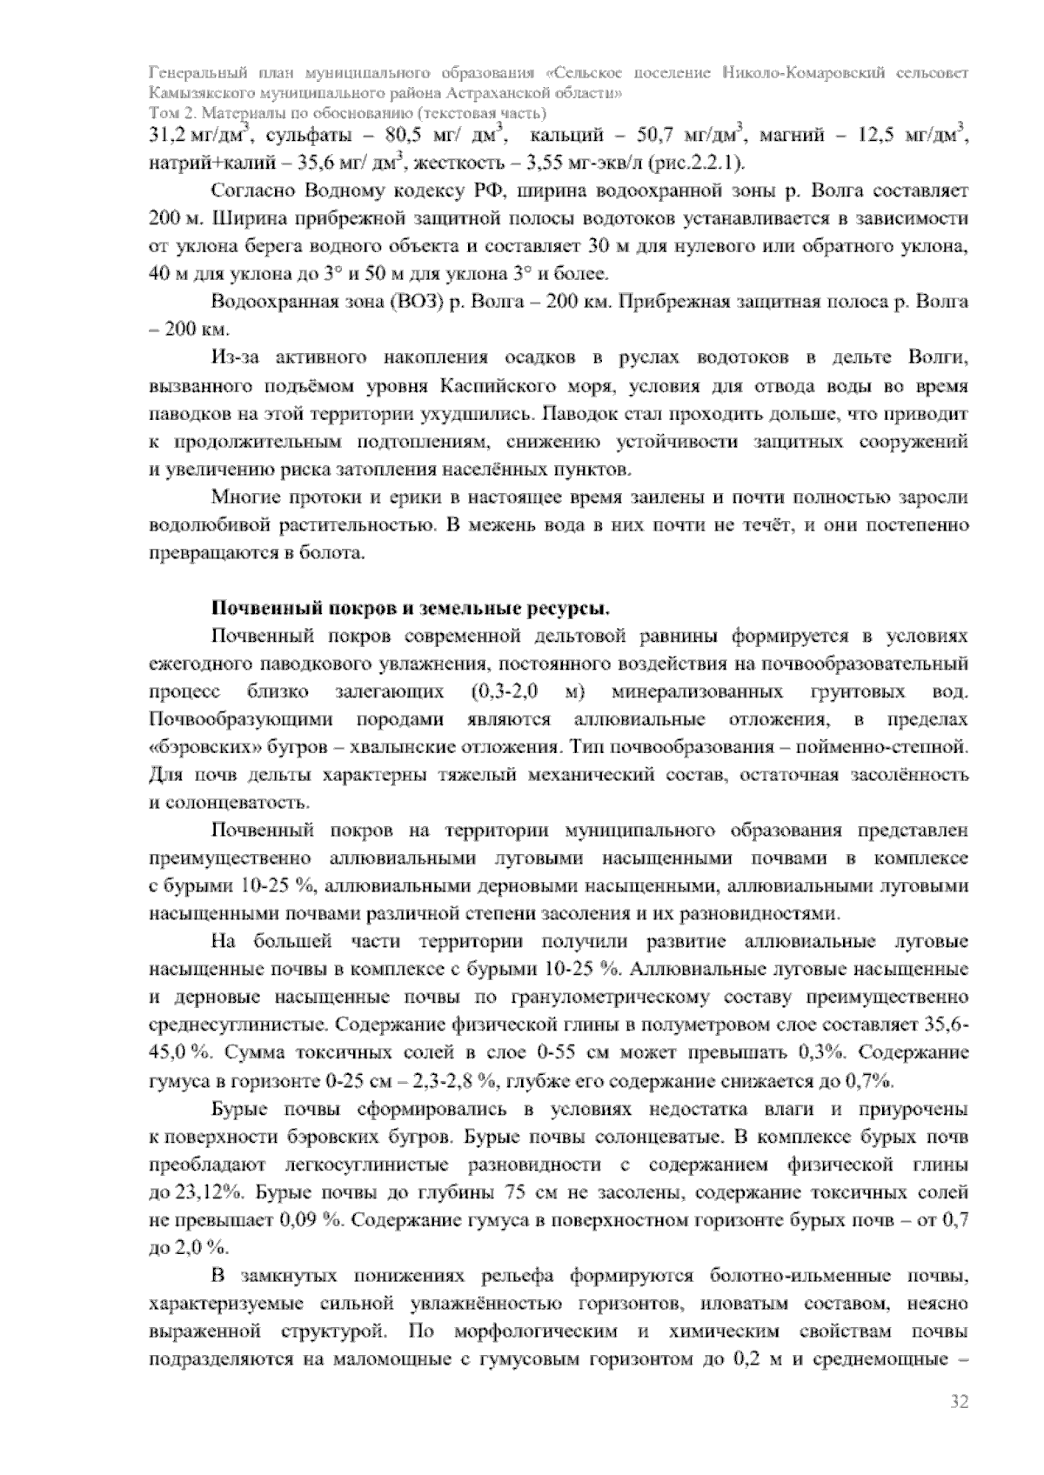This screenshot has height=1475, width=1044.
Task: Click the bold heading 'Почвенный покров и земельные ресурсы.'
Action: point(411,607)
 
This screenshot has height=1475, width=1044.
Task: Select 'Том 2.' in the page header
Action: point(169,113)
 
